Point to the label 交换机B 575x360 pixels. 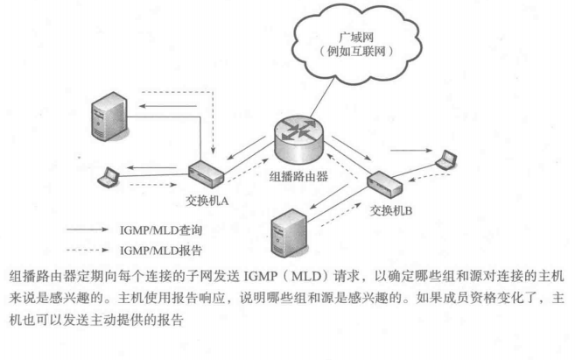[392, 210]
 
